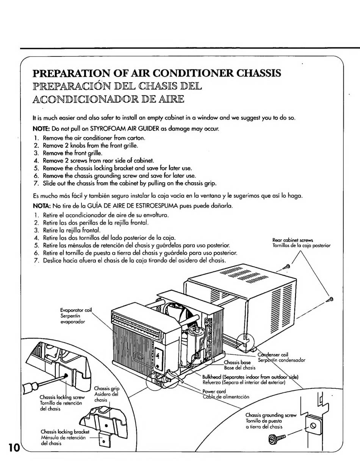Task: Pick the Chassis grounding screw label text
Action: [x=271, y=415]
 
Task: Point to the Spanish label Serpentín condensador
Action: [x=282, y=360]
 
